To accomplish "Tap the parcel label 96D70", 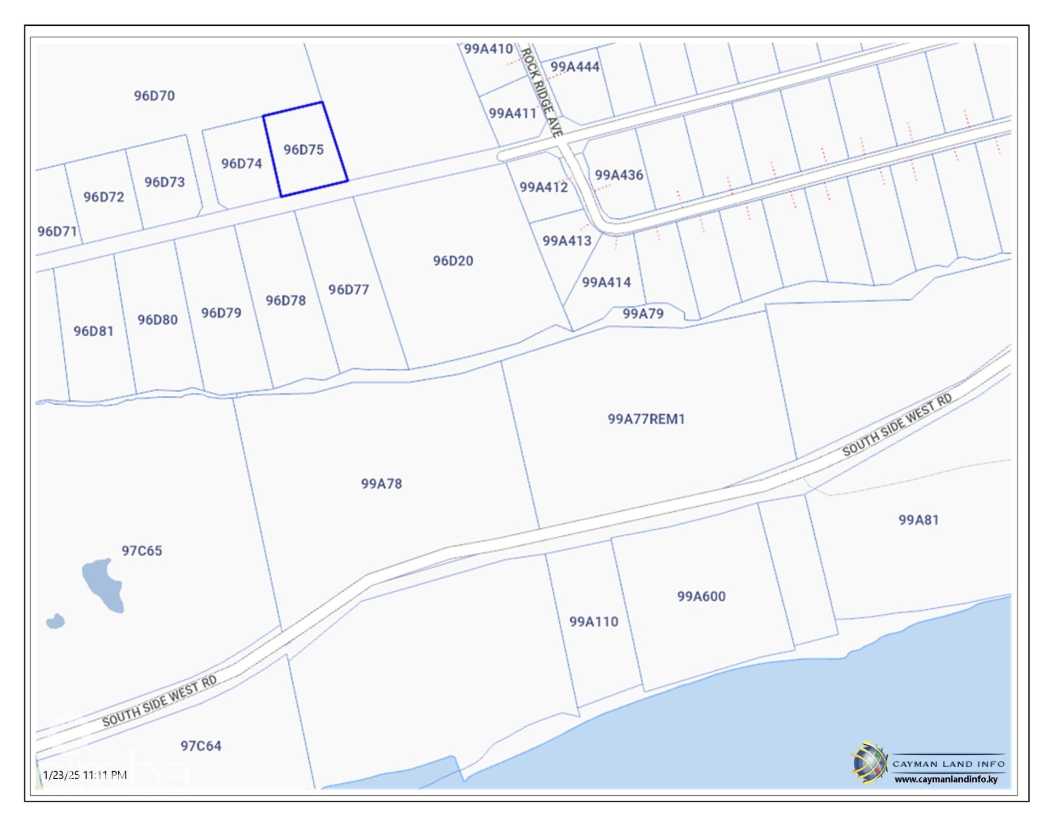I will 154,96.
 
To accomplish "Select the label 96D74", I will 241,163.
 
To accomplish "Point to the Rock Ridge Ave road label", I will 541,92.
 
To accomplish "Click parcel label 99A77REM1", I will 646,419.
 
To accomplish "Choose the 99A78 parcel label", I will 381,484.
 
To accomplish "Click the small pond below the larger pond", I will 55,621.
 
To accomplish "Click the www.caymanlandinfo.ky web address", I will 946,779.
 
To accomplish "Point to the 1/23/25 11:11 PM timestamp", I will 85,775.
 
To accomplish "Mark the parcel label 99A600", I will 701,596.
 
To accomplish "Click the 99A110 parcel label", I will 593,621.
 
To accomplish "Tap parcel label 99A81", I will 918,519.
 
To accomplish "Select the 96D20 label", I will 453,261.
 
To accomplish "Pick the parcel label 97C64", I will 201,746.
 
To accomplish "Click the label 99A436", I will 619,175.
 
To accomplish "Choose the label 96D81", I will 93,331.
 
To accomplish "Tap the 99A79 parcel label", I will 643,314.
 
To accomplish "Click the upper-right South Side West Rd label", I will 897,425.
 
